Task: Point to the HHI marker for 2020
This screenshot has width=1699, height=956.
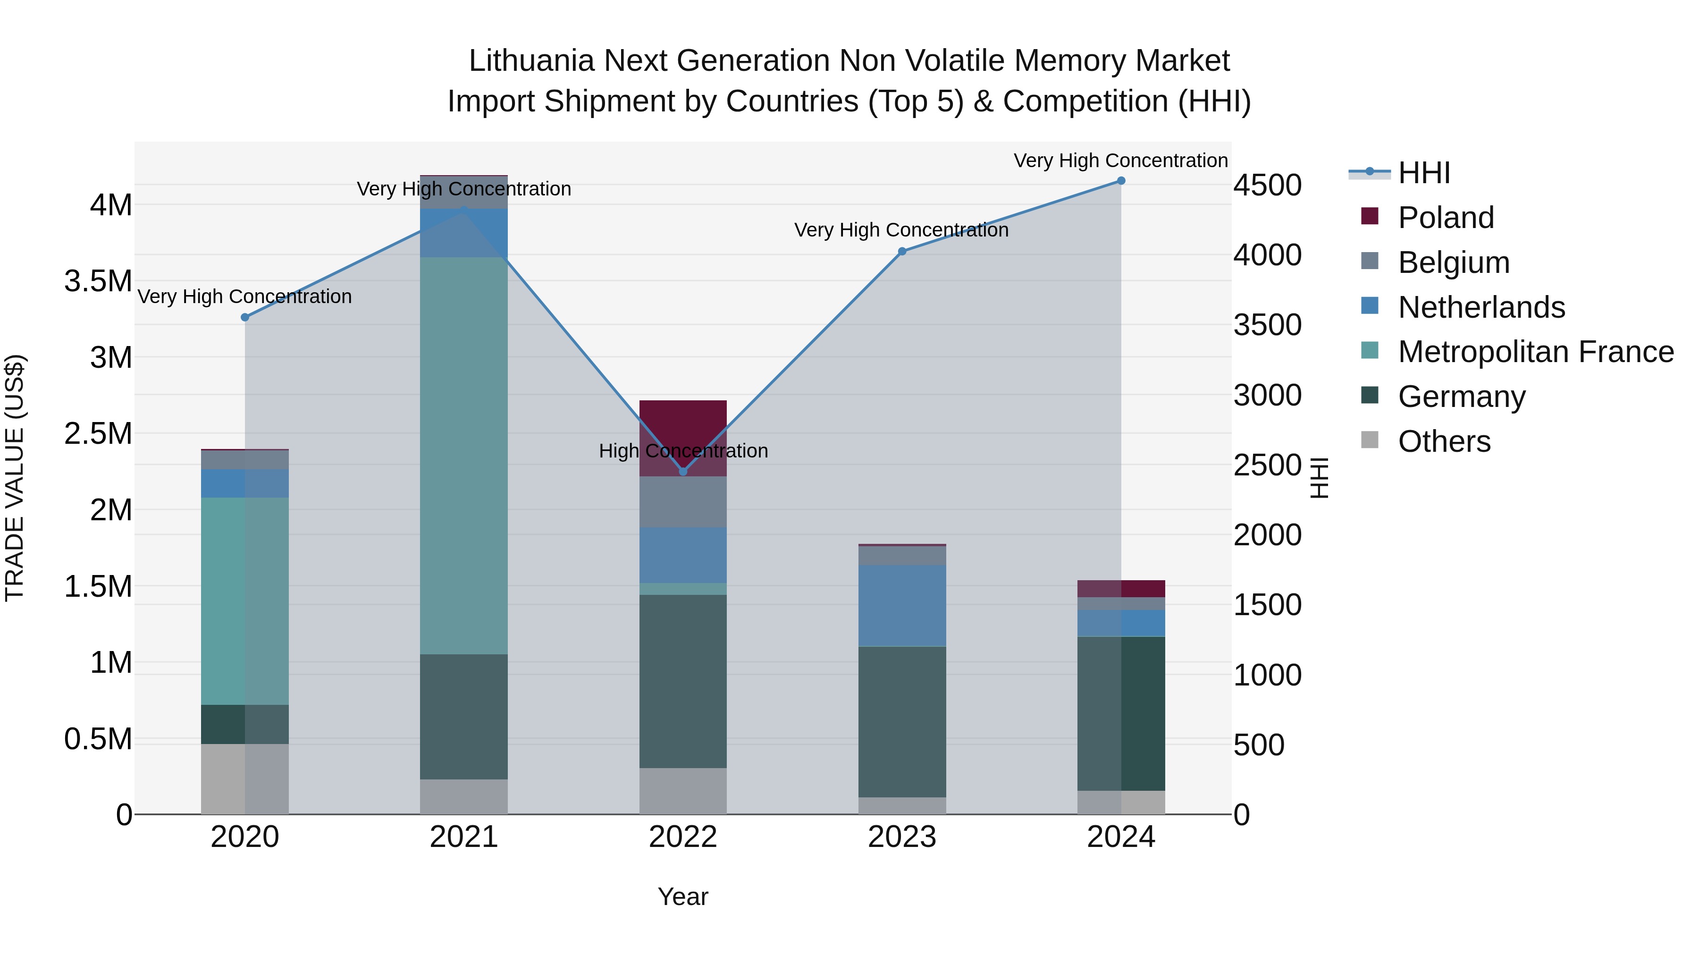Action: point(244,317)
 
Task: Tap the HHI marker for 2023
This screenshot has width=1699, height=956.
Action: point(902,251)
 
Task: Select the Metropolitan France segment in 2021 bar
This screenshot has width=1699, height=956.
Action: point(463,455)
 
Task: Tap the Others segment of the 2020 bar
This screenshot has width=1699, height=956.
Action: point(244,778)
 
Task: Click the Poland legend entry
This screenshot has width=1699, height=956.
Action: point(1445,218)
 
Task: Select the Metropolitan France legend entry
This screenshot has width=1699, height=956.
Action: point(1535,352)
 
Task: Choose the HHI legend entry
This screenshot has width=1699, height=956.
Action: point(1423,173)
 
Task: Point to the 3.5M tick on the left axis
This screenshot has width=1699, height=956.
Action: point(98,281)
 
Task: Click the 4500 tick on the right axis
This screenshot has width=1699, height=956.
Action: point(1267,186)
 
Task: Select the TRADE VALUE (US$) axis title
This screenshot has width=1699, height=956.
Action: point(15,478)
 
